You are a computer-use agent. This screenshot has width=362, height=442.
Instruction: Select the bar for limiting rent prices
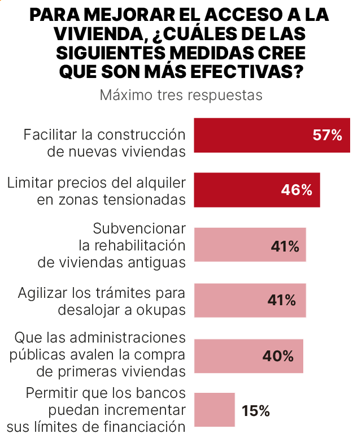click(237, 190)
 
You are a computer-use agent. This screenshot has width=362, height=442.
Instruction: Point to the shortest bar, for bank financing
click(214, 410)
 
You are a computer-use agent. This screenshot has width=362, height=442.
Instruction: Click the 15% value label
click(255, 411)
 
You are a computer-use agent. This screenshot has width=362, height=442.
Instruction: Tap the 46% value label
click(296, 190)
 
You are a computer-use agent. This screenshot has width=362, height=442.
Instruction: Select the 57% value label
click(327, 135)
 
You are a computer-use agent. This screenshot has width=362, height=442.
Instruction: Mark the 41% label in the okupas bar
click(281, 300)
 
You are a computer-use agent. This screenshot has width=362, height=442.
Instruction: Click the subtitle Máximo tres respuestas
click(181, 94)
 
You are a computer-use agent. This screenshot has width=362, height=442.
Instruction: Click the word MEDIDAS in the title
click(213, 53)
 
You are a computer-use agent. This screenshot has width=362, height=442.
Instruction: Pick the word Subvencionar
click(139, 228)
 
